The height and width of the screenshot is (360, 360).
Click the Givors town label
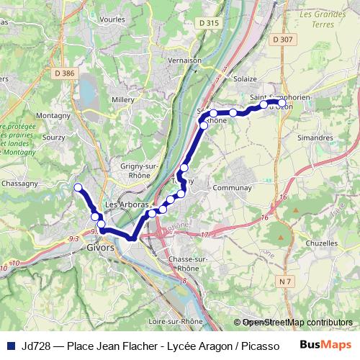pos(99,247)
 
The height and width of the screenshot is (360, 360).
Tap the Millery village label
pos(125,99)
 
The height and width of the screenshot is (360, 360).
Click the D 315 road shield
pos(208,23)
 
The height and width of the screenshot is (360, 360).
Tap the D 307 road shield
pos(284,39)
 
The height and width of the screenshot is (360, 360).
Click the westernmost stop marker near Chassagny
pos(78,187)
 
